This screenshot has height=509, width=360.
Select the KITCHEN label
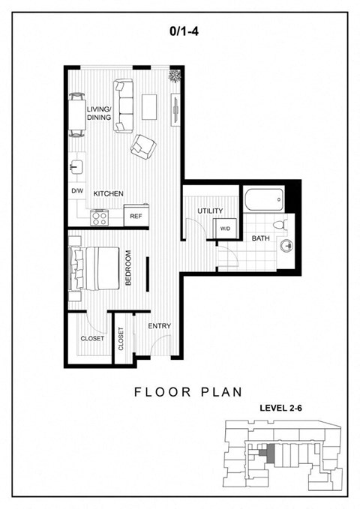(108, 193)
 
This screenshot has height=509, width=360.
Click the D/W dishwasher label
(76, 192)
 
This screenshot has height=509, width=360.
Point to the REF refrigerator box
(136, 215)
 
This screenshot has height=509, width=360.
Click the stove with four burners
(100, 217)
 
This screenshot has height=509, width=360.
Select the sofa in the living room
(124, 105)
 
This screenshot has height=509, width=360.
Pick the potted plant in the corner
(175, 76)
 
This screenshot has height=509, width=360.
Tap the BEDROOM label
(128, 268)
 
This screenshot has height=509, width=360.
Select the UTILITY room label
(211, 211)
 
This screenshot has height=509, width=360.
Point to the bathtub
(262, 199)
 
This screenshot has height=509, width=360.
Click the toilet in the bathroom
(279, 223)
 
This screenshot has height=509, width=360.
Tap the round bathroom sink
(284, 245)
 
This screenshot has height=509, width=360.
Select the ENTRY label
(158, 326)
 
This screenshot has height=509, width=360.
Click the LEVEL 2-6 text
(280, 409)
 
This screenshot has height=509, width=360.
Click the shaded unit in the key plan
(263, 451)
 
